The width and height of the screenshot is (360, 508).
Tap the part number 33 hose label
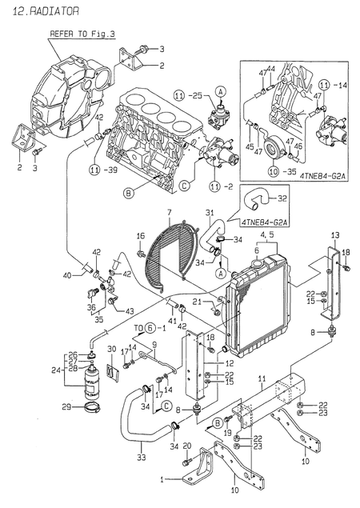pos(142,458)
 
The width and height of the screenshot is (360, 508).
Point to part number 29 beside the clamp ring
pos(67,408)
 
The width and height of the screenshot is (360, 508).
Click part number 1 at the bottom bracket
pos(166,478)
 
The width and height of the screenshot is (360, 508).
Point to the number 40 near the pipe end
pos(70,276)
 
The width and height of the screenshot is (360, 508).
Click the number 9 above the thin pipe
pos(154,345)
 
